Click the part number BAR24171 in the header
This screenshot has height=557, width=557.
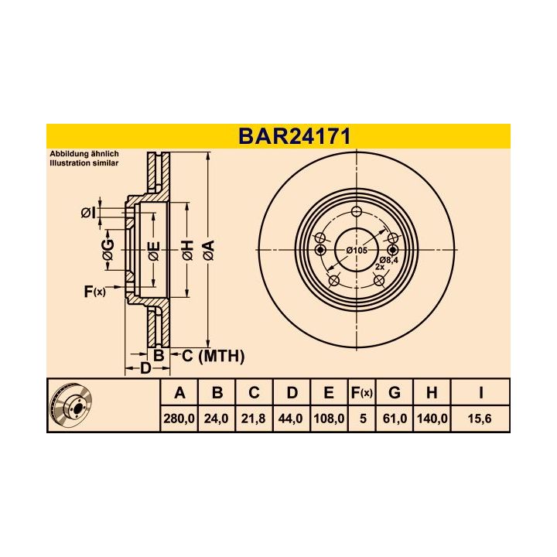(294, 136)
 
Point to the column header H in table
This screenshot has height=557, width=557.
(431, 393)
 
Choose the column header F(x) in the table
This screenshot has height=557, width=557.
(361, 393)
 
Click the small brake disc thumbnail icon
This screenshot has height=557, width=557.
(70, 405)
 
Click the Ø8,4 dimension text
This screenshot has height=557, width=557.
(388, 258)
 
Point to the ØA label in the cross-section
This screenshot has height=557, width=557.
(207, 250)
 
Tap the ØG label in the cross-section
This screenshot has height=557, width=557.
(109, 250)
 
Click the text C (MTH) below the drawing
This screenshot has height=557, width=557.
(213, 356)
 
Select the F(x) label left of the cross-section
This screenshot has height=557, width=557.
(94, 291)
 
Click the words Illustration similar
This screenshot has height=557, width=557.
(85, 163)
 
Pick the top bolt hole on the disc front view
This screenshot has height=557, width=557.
(356, 213)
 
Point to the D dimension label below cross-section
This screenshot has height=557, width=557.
(145, 368)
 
